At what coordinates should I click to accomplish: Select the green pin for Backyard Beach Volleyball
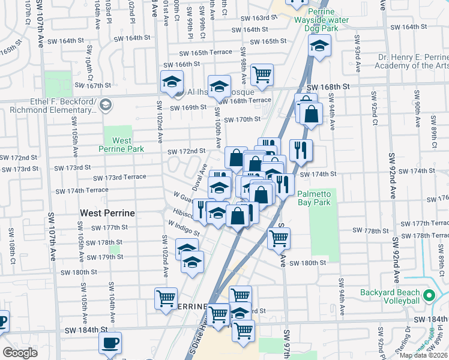429,296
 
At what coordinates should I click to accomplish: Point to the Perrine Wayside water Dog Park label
328,20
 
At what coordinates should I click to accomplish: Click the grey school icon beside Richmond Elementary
106,106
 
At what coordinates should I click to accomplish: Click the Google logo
20,353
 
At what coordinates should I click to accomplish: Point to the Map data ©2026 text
424,355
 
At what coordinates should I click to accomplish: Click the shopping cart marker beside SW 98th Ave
262,75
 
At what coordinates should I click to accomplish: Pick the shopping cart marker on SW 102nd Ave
166,298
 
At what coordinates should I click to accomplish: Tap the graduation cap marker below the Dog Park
319,46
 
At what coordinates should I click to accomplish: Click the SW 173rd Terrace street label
119,178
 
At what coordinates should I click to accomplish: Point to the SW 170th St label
243,119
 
